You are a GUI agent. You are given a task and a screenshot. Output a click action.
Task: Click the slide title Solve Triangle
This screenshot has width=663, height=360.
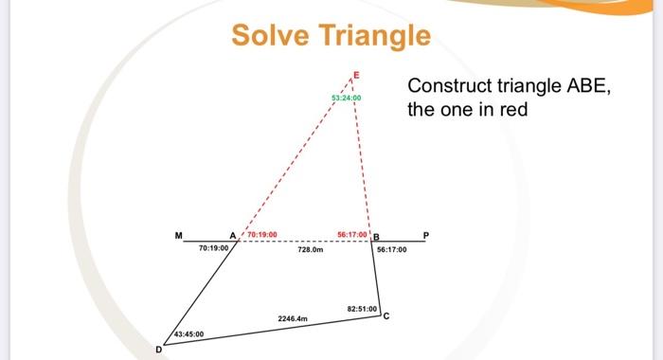point(331,36)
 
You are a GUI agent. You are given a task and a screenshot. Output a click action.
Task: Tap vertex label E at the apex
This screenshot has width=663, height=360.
point(356,73)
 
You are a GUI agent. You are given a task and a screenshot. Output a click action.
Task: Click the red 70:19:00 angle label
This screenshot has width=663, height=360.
point(262,233)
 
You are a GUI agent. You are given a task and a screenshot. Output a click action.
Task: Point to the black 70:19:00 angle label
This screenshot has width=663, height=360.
point(214,247)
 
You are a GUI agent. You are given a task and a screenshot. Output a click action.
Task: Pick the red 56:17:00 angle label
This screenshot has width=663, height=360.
point(352,233)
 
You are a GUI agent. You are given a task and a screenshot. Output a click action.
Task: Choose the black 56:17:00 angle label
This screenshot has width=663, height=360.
point(391,249)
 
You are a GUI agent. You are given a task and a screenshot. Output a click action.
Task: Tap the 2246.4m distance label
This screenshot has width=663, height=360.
point(293,319)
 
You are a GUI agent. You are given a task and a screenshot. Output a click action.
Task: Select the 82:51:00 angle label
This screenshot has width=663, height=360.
point(363,309)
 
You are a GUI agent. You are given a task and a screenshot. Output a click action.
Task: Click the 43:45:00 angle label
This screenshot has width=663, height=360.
point(188,334)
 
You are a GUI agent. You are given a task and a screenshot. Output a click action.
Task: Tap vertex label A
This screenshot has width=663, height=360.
point(232,235)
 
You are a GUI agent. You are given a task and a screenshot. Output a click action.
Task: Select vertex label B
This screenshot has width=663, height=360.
point(376,236)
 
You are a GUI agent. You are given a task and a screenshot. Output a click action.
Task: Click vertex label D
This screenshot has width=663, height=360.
point(158,350)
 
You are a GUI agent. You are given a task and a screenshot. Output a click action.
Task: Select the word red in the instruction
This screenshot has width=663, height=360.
point(508,110)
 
